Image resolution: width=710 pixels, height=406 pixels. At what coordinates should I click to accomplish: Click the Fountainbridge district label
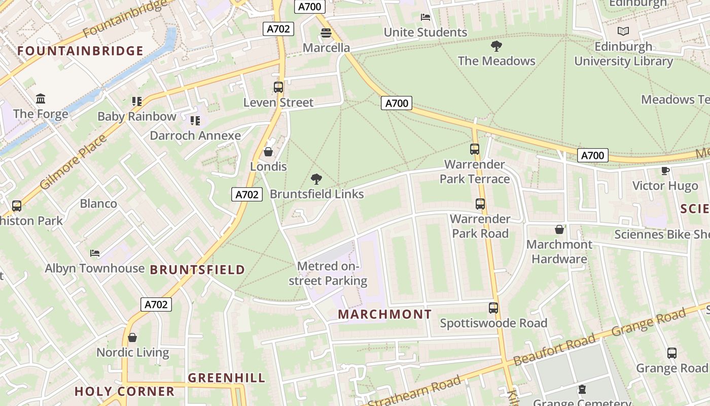click(80, 51)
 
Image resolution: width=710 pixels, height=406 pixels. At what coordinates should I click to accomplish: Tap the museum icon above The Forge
click(41, 98)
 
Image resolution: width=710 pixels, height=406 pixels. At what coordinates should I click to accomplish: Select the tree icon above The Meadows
click(496, 46)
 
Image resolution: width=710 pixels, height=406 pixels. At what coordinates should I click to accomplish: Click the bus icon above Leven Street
click(278, 87)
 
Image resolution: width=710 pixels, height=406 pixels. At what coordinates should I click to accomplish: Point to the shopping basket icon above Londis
click(268, 152)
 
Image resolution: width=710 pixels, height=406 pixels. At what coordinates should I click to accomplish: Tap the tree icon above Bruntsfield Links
click(316, 179)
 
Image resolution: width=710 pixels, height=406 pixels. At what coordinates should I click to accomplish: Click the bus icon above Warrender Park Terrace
click(475, 149)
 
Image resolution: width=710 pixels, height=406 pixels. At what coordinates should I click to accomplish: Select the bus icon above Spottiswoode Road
click(493, 308)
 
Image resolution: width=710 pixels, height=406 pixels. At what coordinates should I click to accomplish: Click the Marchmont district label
click(384, 314)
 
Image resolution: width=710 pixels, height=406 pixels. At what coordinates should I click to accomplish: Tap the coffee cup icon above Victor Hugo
click(665, 171)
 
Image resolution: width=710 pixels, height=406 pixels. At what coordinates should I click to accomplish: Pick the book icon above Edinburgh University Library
click(623, 31)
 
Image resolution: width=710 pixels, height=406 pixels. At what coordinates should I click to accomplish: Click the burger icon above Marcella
click(326, 33)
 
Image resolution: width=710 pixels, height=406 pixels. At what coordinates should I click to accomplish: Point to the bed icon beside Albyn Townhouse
click(95, 253)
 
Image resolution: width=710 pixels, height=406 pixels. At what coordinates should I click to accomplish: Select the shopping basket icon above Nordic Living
click(132, 337)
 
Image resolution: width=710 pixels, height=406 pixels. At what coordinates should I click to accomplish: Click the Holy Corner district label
click(125, 391)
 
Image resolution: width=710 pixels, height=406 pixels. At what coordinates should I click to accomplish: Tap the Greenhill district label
click(227, 378)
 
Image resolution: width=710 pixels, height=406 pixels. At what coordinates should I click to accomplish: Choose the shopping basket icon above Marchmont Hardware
click(559, 229)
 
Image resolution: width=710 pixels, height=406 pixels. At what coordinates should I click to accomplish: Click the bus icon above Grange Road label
click(672, 353)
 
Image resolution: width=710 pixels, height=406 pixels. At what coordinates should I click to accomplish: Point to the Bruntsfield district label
click(197, 269)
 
